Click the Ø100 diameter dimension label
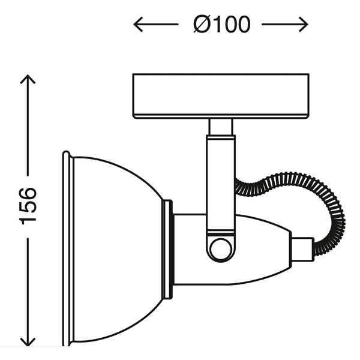coord(222,24)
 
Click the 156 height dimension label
coord(28,206)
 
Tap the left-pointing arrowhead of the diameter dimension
coord(138,24)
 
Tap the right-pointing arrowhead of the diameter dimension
coord(303,24)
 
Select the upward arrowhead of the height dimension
coord(28,79)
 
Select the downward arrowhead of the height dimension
coord(28,341)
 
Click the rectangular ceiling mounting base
coord(221,96)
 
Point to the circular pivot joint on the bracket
coord(221,250)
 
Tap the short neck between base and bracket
coord(221,127)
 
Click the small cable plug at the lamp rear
coord(302,250)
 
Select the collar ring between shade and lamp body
coord(167,250)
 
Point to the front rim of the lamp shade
coord(68,248)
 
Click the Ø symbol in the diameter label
coord(202,24)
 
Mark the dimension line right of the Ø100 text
coord(284,24)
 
